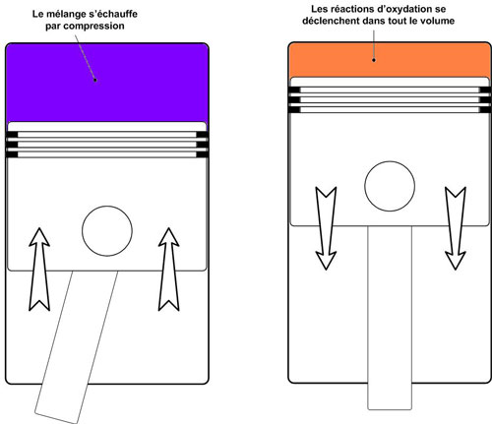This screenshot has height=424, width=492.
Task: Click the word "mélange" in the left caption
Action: (62, 14)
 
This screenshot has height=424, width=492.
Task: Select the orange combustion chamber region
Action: (390, 61)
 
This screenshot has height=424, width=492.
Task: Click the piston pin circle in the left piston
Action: (107, 231)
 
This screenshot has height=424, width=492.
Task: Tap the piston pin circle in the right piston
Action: (390, 186)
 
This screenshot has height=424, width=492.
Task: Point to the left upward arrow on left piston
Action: (39, 270)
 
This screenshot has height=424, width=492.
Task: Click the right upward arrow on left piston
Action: (169, 270)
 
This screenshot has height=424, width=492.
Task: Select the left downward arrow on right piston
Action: (326, 228)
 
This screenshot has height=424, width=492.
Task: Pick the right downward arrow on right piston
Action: (456, 228)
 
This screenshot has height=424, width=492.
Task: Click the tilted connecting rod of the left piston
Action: (77, 346)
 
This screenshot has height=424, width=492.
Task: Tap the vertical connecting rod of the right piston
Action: (390, 318)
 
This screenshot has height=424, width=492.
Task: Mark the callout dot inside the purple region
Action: (95, 80)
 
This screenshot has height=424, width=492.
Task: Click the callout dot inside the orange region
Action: (374, 60)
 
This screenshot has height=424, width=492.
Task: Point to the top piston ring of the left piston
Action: (107, 135)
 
